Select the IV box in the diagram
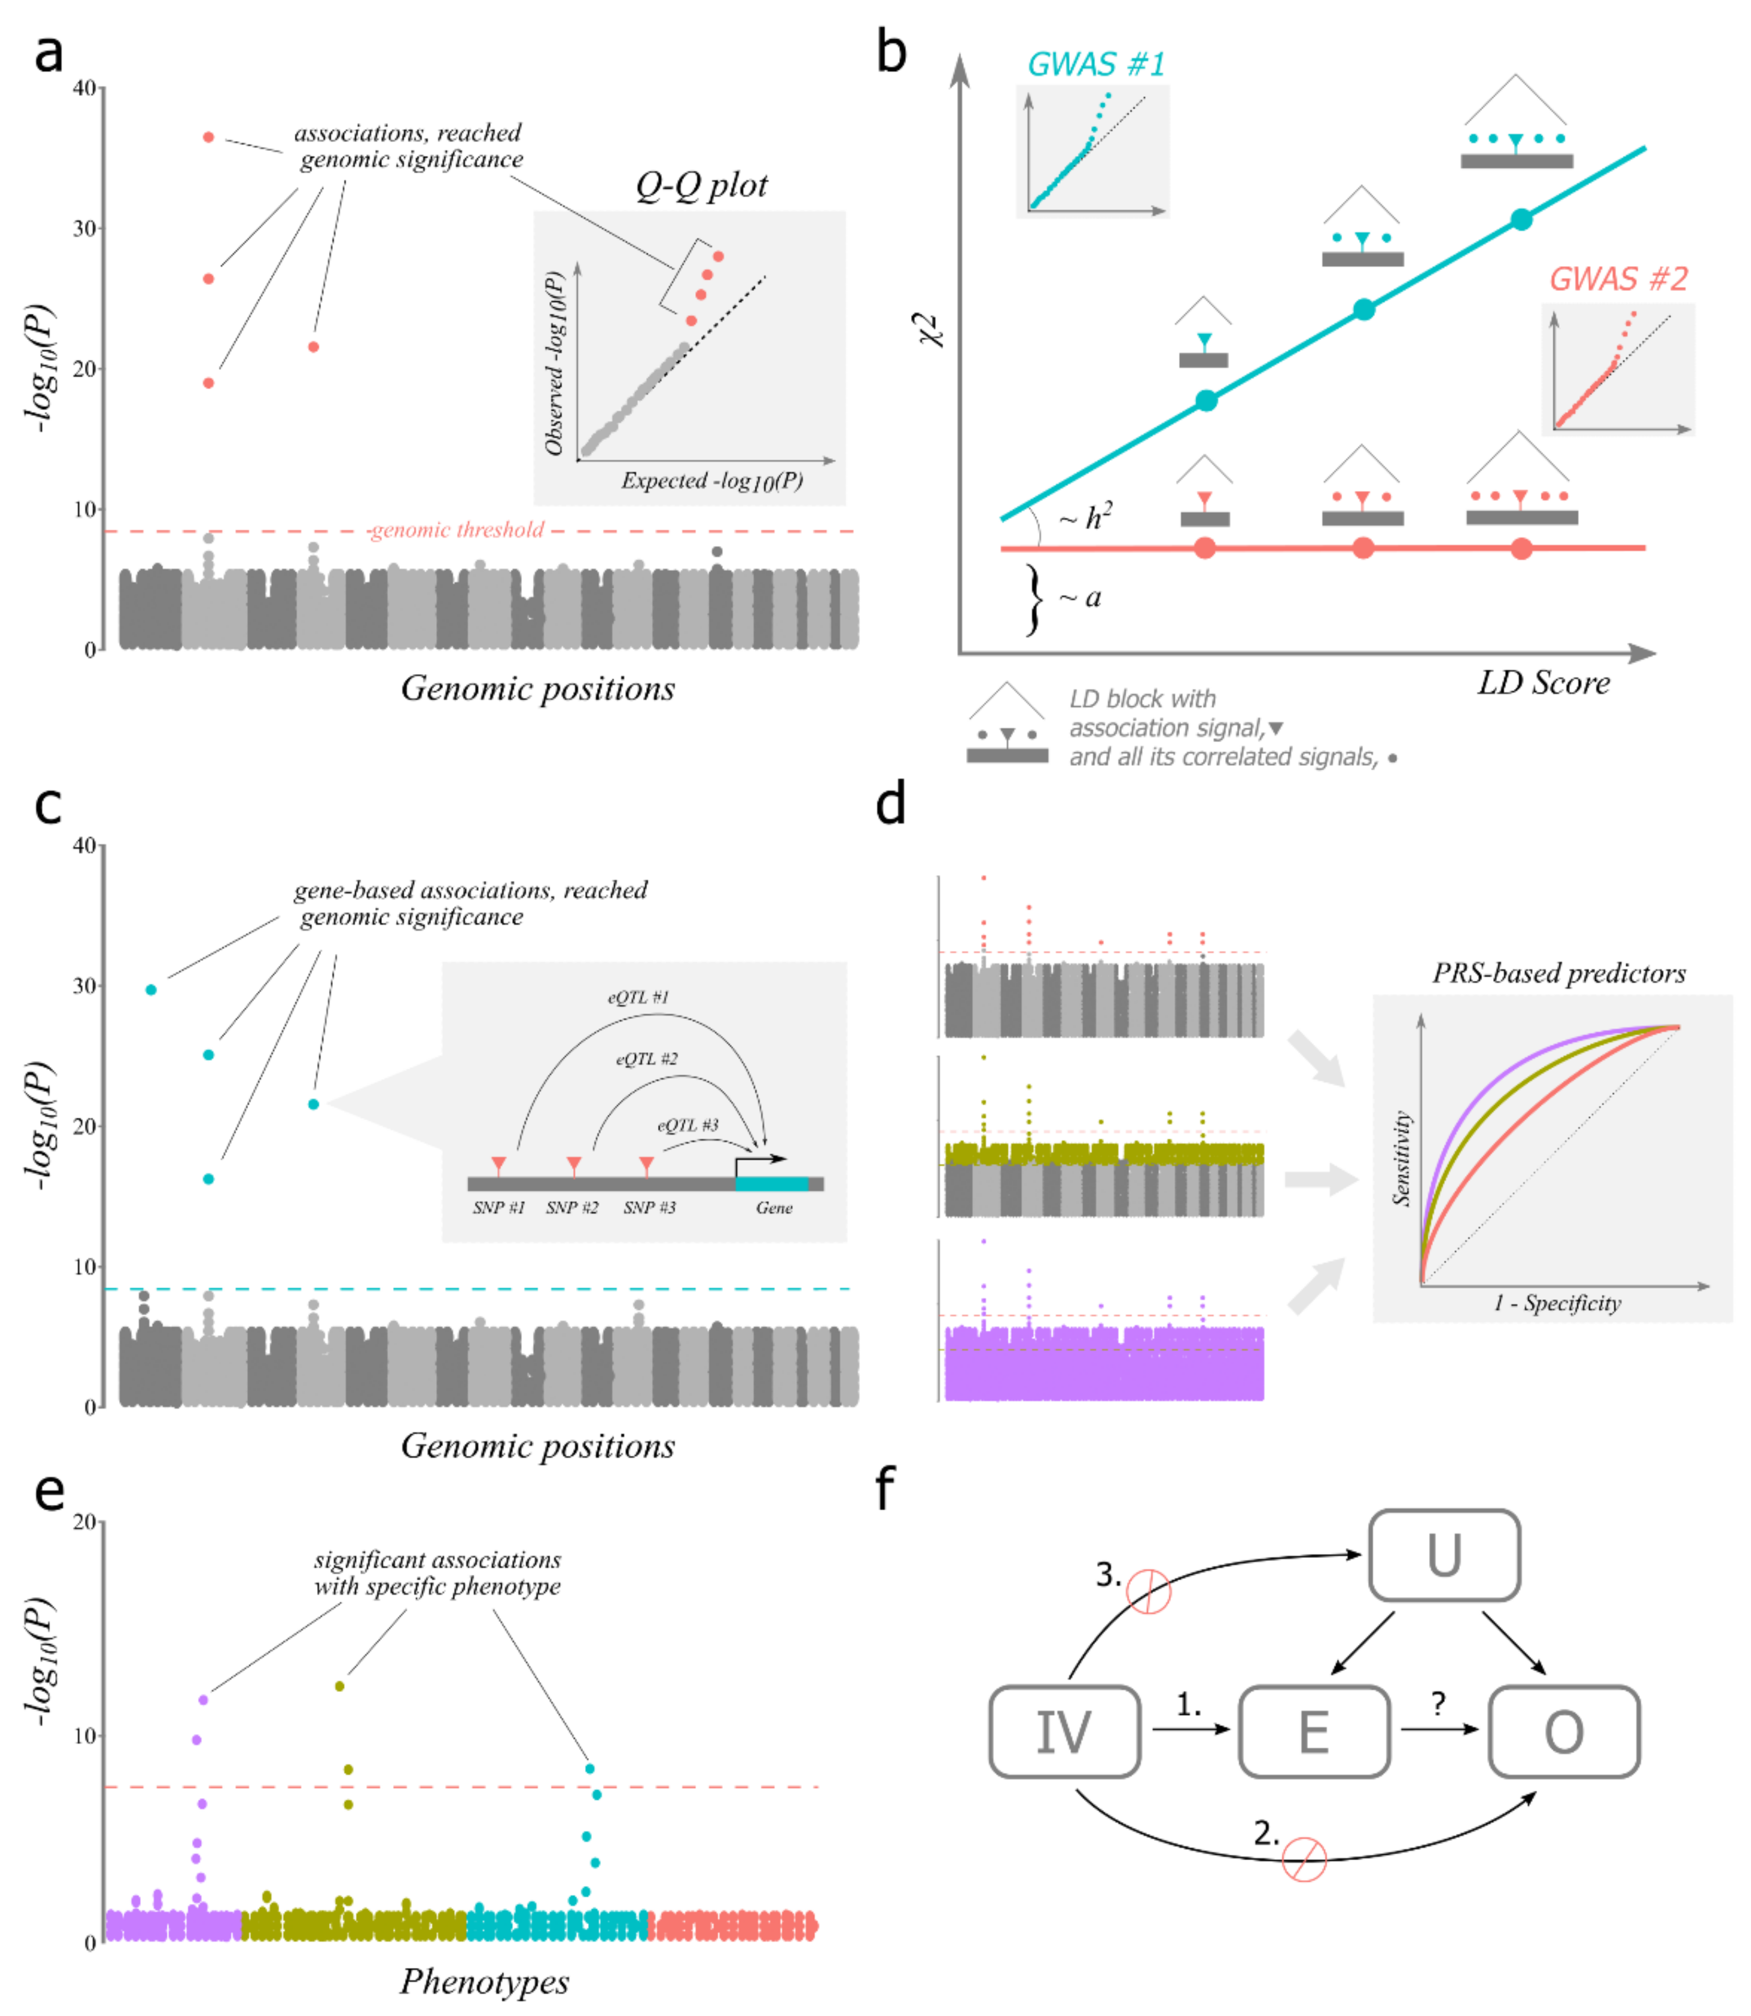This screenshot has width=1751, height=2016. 1064,1731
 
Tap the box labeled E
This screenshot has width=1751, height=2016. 1313,1731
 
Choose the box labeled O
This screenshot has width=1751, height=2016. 1564,1731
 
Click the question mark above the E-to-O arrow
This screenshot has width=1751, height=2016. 1437,1703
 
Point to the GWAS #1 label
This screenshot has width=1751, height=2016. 1095,65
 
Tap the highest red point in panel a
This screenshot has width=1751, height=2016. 208,137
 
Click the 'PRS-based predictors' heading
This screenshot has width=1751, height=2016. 1559,974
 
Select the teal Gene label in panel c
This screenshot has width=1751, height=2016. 774,1208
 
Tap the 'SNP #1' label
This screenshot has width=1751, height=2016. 498,1208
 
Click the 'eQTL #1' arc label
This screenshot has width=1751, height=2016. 638,997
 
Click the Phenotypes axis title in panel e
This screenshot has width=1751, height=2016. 485,1981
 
